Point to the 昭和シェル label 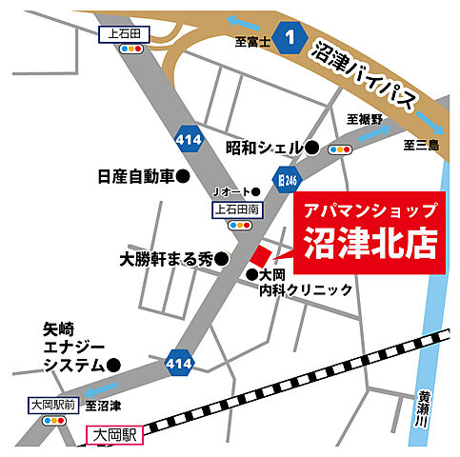click(263, 148)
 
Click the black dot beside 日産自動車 click(185, 177)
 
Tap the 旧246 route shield click(284, 177)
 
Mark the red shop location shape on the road click(262, 254)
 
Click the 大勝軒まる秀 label click(166, 258)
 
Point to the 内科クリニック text click(306, 290)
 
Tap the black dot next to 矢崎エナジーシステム click(113, 364)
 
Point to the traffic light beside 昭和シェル click(341, 149)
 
